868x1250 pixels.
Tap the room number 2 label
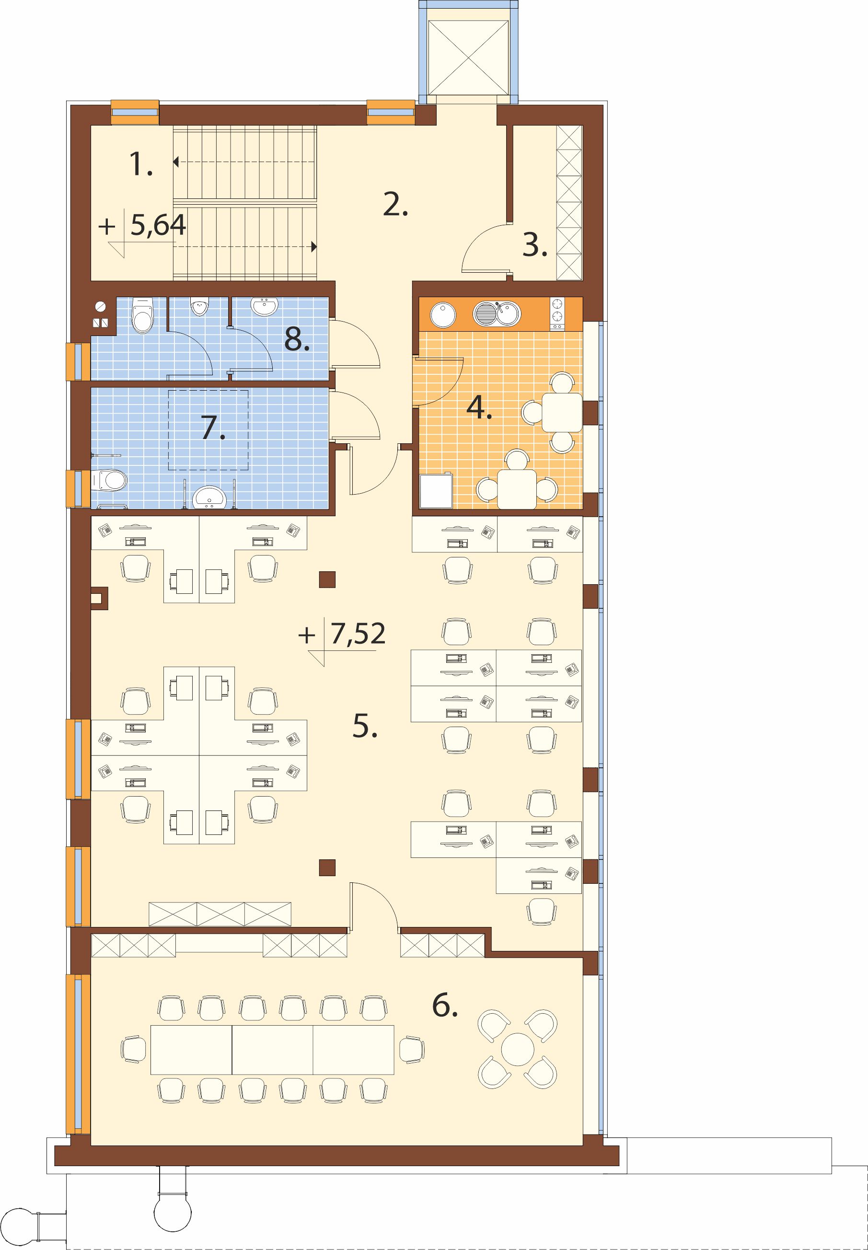coord(395,205)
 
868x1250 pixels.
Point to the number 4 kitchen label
coord(479,408)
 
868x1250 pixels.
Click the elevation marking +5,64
coord(142,225)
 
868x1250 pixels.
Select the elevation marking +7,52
coord(342,634)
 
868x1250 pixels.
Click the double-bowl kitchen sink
coord(497,314)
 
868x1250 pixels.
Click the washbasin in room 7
coord(209,497)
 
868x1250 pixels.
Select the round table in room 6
coord(517,1049)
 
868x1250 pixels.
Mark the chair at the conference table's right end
coord(412,1049)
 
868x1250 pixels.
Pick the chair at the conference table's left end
coord(133,1049)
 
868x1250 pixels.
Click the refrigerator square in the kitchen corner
coord(436,491)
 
